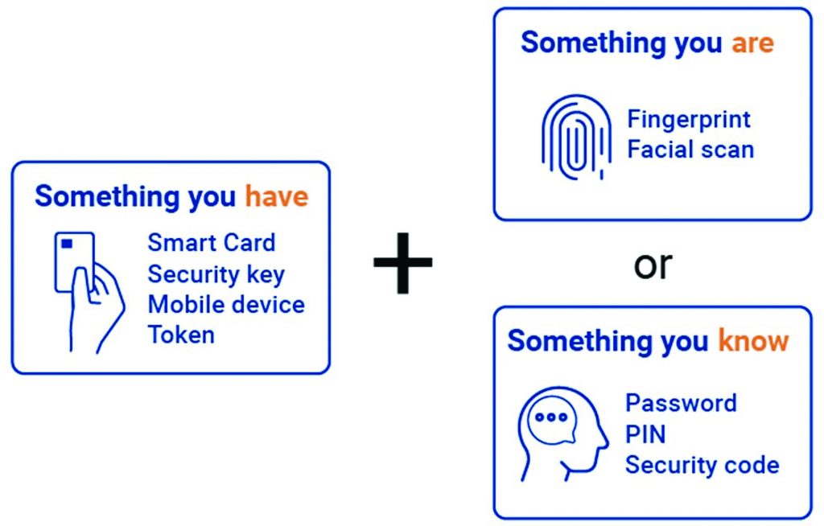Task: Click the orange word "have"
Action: pos(276,196)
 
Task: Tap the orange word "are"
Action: pos(752,43)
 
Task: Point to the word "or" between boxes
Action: pos(653,265)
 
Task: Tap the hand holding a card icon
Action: pos(88,290)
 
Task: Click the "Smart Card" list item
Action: pos(212,242)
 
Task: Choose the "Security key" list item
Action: pos(216,274)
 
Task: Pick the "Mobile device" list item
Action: pos(226,305)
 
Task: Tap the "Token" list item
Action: pos(181,335)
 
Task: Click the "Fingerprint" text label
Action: pos(689,120)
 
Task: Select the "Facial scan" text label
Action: pos(690,150)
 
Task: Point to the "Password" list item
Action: pos(681,402)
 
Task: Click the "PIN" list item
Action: pos(645,434)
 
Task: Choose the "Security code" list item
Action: pos(702,465)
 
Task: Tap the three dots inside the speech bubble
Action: pos(551,417)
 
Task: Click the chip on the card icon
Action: pos(67,243)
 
